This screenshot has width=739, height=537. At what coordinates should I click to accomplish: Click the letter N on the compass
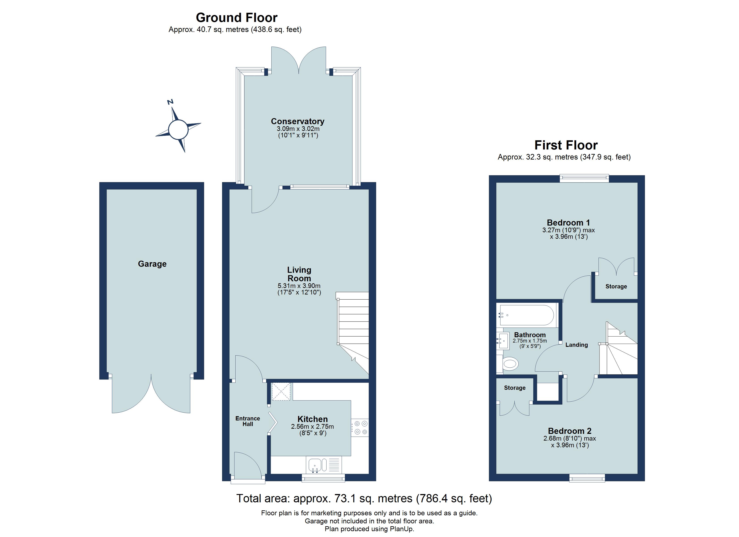click(170, 102)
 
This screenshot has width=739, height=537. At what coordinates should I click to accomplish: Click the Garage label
click(152, 264)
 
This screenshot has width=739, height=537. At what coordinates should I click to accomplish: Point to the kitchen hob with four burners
click(360, 428)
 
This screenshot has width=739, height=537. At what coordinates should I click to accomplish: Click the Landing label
click(576, 345)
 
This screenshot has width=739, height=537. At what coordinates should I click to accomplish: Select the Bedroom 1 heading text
click(568, 223)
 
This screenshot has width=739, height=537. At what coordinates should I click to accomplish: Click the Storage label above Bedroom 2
click(514, 388)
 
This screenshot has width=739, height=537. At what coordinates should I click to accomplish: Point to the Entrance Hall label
click(248, 421)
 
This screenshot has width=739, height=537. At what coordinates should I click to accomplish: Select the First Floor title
click(566, 145)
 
